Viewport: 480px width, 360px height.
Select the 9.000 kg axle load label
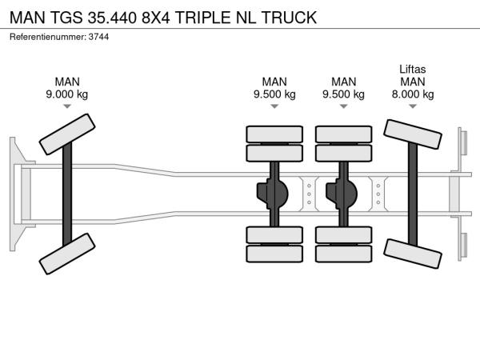67,94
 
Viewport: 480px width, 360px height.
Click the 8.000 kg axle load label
412,94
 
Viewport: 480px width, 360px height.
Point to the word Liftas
412,69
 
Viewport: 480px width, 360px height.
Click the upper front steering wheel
67,134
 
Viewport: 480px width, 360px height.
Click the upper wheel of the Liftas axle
413,134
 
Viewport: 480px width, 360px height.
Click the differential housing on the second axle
274,193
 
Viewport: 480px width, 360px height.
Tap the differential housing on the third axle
343,193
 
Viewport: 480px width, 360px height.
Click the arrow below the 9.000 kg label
67,107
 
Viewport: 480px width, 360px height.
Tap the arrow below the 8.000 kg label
412,107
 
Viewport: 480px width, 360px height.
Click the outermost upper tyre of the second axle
274,133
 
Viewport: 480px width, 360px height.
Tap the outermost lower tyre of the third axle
343,254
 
